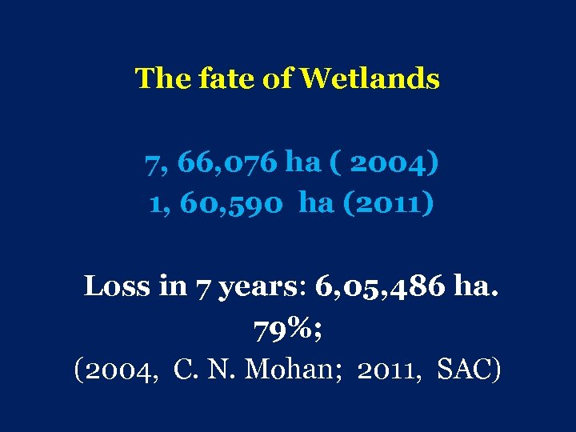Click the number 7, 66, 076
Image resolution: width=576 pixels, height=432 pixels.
(x=211, y=163)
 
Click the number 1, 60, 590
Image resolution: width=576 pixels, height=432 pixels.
(x=220, y=203)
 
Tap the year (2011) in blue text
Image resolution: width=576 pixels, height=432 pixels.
(x=389, y=203)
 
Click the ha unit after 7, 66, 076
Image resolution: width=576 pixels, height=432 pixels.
(x=303, y=163)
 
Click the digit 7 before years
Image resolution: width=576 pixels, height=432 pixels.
(x=203, y=286)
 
